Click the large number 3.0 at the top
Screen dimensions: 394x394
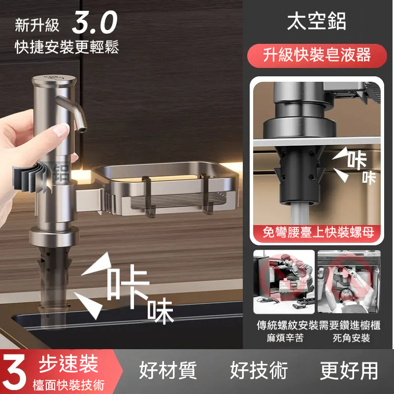[95, 23]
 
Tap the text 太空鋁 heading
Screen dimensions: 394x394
[317, 22]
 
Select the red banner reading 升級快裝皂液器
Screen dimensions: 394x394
[316, 54]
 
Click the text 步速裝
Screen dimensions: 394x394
[68, 364]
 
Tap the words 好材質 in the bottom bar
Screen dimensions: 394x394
[168, 370]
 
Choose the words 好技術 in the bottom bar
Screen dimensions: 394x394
[259, 370]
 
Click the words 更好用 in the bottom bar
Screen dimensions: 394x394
[349, 370]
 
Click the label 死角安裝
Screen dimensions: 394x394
[351, 338]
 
